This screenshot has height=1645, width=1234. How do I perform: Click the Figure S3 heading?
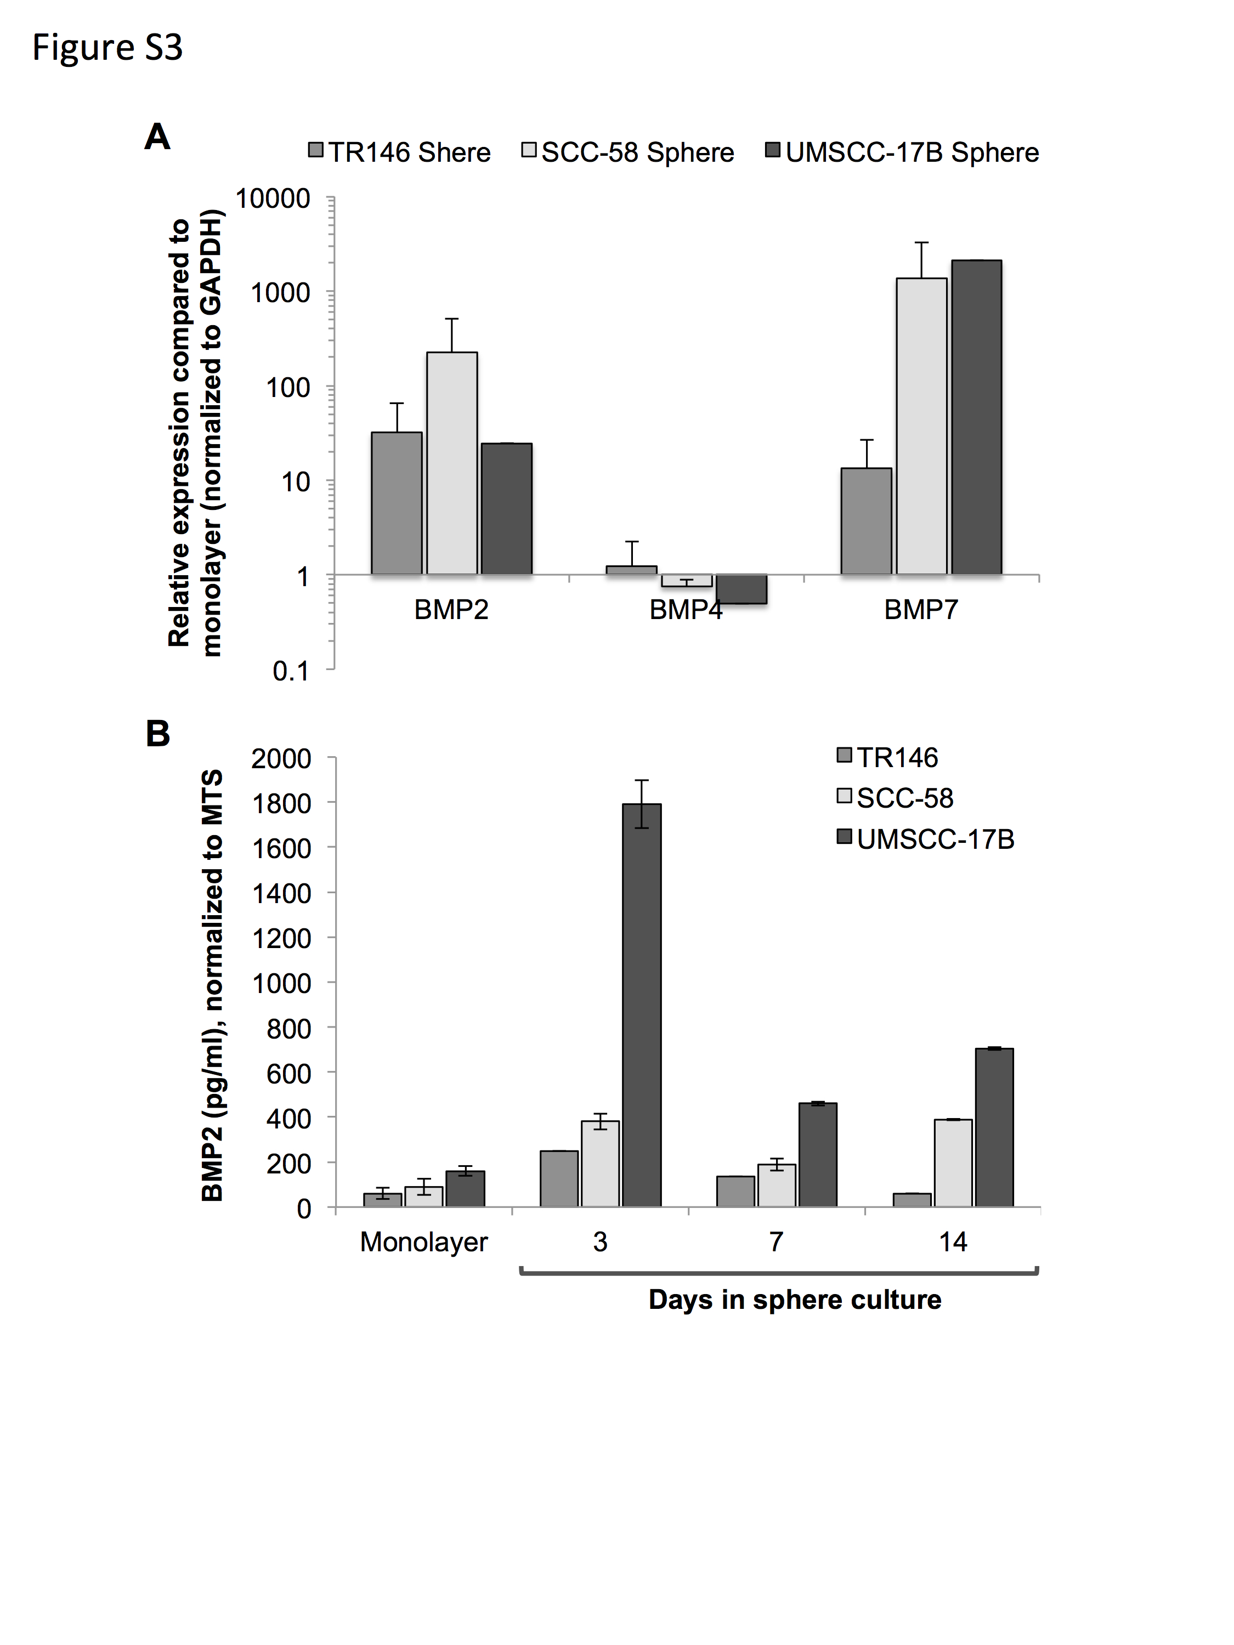(107, 48)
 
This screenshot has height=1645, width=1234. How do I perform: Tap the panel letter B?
(158, 734)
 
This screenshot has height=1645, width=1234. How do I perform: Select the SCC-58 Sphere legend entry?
(629, 152)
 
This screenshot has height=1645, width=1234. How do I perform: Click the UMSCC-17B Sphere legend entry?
(902, 152)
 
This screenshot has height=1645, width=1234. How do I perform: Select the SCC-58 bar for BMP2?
(452, 463)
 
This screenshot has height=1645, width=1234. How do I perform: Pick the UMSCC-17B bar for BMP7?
(977, 417)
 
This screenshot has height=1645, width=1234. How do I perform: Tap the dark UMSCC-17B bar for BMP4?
(741, 589)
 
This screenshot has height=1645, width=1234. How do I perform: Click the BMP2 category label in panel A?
(451, 610)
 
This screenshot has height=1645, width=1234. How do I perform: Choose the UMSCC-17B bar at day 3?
(642, 1005)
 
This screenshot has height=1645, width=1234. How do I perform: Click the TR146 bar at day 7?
(735, 1192)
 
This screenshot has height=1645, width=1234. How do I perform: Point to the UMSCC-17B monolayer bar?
(466, 1188)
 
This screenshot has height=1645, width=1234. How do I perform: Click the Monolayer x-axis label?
(424, 1242)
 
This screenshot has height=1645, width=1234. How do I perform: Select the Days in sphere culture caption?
(795, 1299)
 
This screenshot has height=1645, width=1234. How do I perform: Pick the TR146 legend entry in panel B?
(887, 757)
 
